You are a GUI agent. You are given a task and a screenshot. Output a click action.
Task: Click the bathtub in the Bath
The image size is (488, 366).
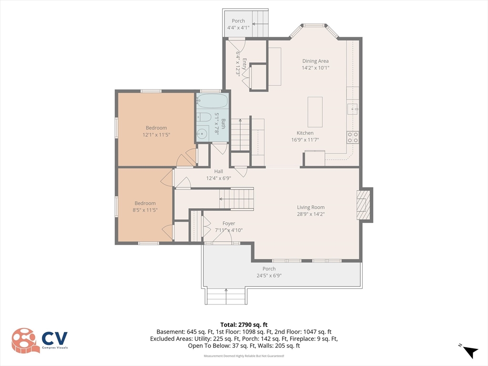212,101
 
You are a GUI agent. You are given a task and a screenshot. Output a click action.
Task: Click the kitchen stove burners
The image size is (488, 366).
353,137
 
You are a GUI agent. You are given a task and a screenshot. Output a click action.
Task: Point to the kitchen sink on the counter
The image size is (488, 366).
353,109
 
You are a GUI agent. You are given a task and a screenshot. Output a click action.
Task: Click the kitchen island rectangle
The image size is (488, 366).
315,112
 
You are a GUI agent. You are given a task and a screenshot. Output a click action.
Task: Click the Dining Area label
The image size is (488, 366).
315,61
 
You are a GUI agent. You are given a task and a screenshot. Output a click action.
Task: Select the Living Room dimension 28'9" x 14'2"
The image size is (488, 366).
311,214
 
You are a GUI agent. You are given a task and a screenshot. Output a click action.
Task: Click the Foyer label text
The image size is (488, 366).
229,224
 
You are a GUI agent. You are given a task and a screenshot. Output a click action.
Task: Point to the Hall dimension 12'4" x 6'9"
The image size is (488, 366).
218,178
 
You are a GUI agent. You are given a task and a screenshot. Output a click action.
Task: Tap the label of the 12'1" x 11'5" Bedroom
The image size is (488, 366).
156,128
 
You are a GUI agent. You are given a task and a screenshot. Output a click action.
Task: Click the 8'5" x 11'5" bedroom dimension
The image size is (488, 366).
145,210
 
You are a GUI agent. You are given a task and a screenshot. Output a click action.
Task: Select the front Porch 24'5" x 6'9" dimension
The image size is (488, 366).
269,275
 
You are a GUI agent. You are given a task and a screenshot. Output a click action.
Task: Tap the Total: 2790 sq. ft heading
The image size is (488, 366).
244,325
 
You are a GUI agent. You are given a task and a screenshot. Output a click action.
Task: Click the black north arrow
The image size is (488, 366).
470,352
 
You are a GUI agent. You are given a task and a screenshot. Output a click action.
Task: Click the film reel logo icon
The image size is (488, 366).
26,340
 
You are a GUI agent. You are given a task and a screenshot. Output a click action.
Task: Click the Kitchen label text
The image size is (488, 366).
305,133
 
